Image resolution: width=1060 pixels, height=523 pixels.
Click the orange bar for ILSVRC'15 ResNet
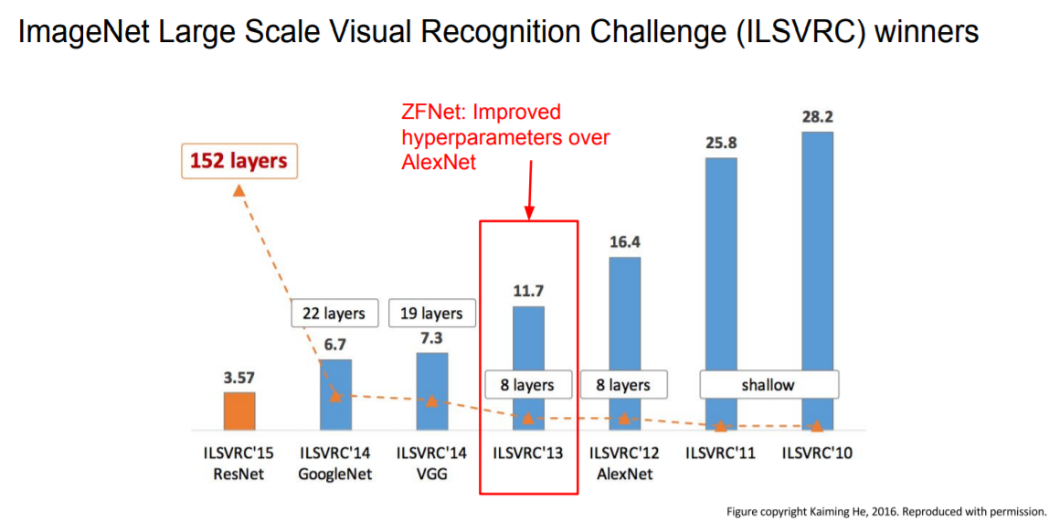click(x=240, y=411)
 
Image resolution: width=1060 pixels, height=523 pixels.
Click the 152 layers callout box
click(x=238, y=162)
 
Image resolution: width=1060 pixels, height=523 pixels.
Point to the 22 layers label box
click(x=334, y=314)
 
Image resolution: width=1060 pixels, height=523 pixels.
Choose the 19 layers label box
click(x=431, y=314)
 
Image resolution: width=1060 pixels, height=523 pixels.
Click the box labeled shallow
click(x=768, y=385)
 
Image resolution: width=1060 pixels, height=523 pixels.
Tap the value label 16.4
click(x=624, y=242)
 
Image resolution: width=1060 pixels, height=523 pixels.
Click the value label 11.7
click(x=527, y=292)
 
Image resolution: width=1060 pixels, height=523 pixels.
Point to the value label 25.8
click(x=720, y=144)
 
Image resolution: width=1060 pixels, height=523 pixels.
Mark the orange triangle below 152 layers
click(x=238, y=190)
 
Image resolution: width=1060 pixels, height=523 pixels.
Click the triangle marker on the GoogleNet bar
click(x=335, y=395)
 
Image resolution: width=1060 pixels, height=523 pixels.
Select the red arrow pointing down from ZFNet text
click(x=528, y=188)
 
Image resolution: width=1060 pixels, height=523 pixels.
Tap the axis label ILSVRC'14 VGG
click(x=430, y=463)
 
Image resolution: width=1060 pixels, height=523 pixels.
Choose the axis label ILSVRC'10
click(x=817, y=453)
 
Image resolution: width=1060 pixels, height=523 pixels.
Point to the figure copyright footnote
click(x=885, y=511)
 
